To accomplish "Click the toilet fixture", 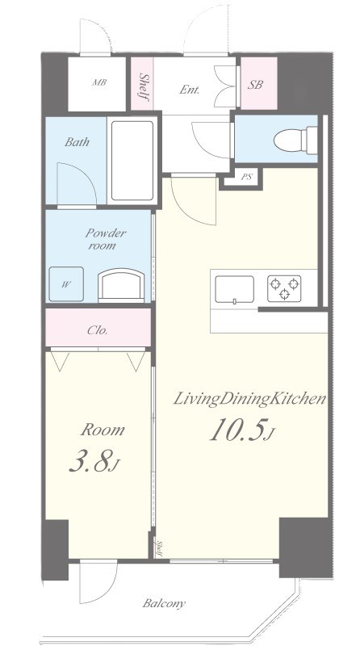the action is click(x=295, y=141).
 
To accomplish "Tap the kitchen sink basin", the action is click(x=234, y=290).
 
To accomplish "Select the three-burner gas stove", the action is click(x=284, y=288).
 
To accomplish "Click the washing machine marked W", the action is click(x=66, y=284).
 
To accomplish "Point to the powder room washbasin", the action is click(x=121, y=285).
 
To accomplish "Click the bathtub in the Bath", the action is click(x=132, y=160).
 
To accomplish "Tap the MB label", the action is click(x=99, y=82).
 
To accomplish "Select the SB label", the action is click(x=255, y=85).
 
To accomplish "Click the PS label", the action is click(x=246, y=177).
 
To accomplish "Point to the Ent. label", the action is click(x=190, y=90).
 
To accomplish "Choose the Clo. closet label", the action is click(x=98, y=330).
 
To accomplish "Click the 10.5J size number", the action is click(x=242, y=430).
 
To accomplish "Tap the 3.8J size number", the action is click(x=94, y=460).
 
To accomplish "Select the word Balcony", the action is click(x=164, y=604).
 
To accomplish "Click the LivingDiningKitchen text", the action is click(x=249, y=399).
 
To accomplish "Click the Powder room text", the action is click(x=106, y=239).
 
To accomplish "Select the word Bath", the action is click(x=77, y=142).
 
